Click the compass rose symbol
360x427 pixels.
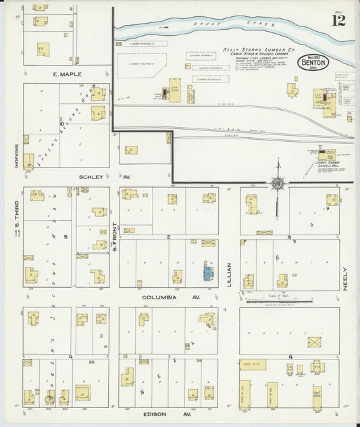[x=277, y=182]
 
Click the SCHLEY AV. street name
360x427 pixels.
[x=93, y=176]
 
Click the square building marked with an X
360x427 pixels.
[x=313, y=341]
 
